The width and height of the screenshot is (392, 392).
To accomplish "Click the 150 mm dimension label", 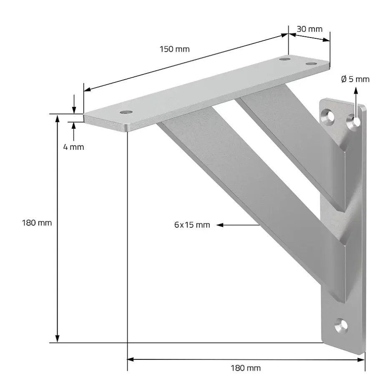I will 174,49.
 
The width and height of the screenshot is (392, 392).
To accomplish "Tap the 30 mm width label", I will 309,29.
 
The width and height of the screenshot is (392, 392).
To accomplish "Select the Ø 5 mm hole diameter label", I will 355,79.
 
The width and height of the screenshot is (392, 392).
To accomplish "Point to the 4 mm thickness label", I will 74,147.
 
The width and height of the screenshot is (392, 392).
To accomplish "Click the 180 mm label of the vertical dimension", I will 37,223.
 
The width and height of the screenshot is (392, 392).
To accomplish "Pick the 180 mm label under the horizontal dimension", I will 246,368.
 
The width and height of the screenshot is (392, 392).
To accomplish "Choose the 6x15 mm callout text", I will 192,225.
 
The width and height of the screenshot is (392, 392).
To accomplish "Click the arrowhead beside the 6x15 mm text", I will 220,225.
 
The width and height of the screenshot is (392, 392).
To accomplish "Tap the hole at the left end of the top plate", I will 125,112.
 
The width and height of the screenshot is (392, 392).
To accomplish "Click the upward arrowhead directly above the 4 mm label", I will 74,126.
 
